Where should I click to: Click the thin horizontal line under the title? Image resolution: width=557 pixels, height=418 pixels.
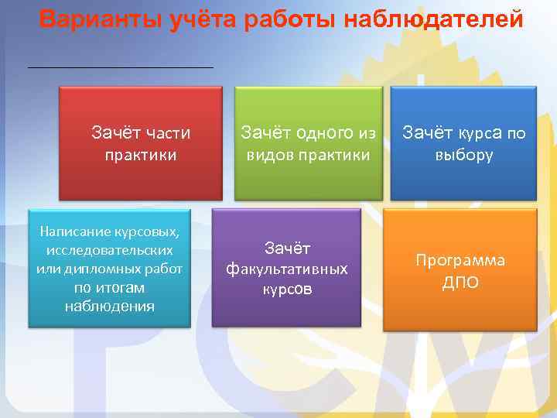click(120, 68)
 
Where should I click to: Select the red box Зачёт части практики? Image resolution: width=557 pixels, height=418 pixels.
click(141, 143)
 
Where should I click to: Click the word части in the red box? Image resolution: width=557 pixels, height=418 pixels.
click(167, 133)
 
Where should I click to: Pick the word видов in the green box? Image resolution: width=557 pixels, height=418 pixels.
click(266, 155)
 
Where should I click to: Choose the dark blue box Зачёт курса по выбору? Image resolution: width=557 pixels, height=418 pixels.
click(463, 143)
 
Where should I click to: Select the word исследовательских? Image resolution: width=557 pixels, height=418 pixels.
click(109, 250)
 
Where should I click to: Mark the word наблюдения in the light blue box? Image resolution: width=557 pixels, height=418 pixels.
click(109, 306)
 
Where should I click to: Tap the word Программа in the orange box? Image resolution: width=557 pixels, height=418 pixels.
click(460, 260)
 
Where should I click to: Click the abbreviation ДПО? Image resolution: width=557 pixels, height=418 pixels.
click(460, 283)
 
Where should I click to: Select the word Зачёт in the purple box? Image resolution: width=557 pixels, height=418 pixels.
click(286, 248)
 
